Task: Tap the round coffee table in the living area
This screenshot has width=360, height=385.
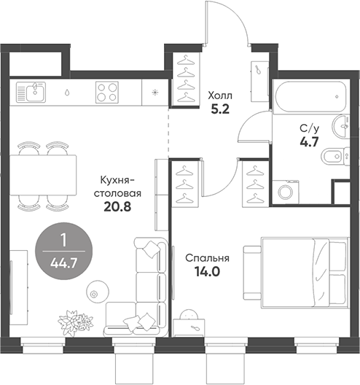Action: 95,292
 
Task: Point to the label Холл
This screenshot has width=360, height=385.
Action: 221,96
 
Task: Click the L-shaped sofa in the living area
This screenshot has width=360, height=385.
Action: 142,288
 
